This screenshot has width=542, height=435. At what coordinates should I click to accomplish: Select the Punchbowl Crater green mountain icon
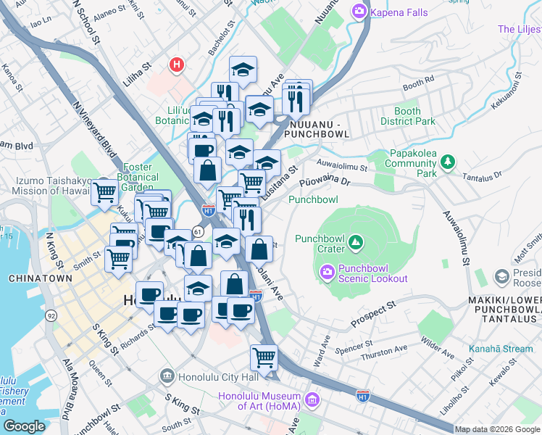coord(355,241)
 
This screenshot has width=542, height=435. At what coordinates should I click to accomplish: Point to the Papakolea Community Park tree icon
coord(449,160)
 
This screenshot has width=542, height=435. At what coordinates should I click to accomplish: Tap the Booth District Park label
coord(407,117)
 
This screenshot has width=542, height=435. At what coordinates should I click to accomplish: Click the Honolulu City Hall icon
coord(167,376)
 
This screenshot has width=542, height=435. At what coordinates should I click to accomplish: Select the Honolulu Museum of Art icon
coord(312,400)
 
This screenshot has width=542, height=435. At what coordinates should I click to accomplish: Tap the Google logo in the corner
coord(24,426)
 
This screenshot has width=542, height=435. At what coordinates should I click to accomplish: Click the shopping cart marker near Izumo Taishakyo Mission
coord(105,193)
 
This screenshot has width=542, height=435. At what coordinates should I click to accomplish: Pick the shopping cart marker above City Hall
coord(264,357)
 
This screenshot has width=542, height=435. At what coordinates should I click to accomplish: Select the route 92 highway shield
coord(51,315)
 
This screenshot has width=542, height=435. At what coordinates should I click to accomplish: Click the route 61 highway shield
coord(197,231)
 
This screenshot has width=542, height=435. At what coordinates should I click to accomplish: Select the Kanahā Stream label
coord(501,349)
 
